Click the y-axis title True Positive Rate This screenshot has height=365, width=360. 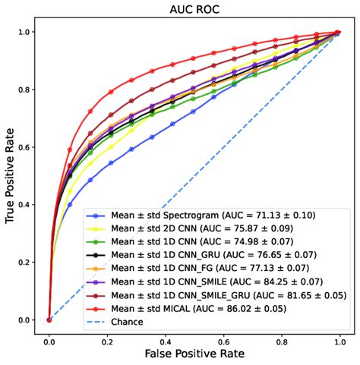coord(11,175)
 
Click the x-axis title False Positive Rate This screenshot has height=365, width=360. coord(194,354)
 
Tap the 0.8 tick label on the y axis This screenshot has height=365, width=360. coord(26,90)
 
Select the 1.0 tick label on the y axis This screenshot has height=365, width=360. coord(26,32)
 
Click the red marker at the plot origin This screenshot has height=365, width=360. coord(49,319)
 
